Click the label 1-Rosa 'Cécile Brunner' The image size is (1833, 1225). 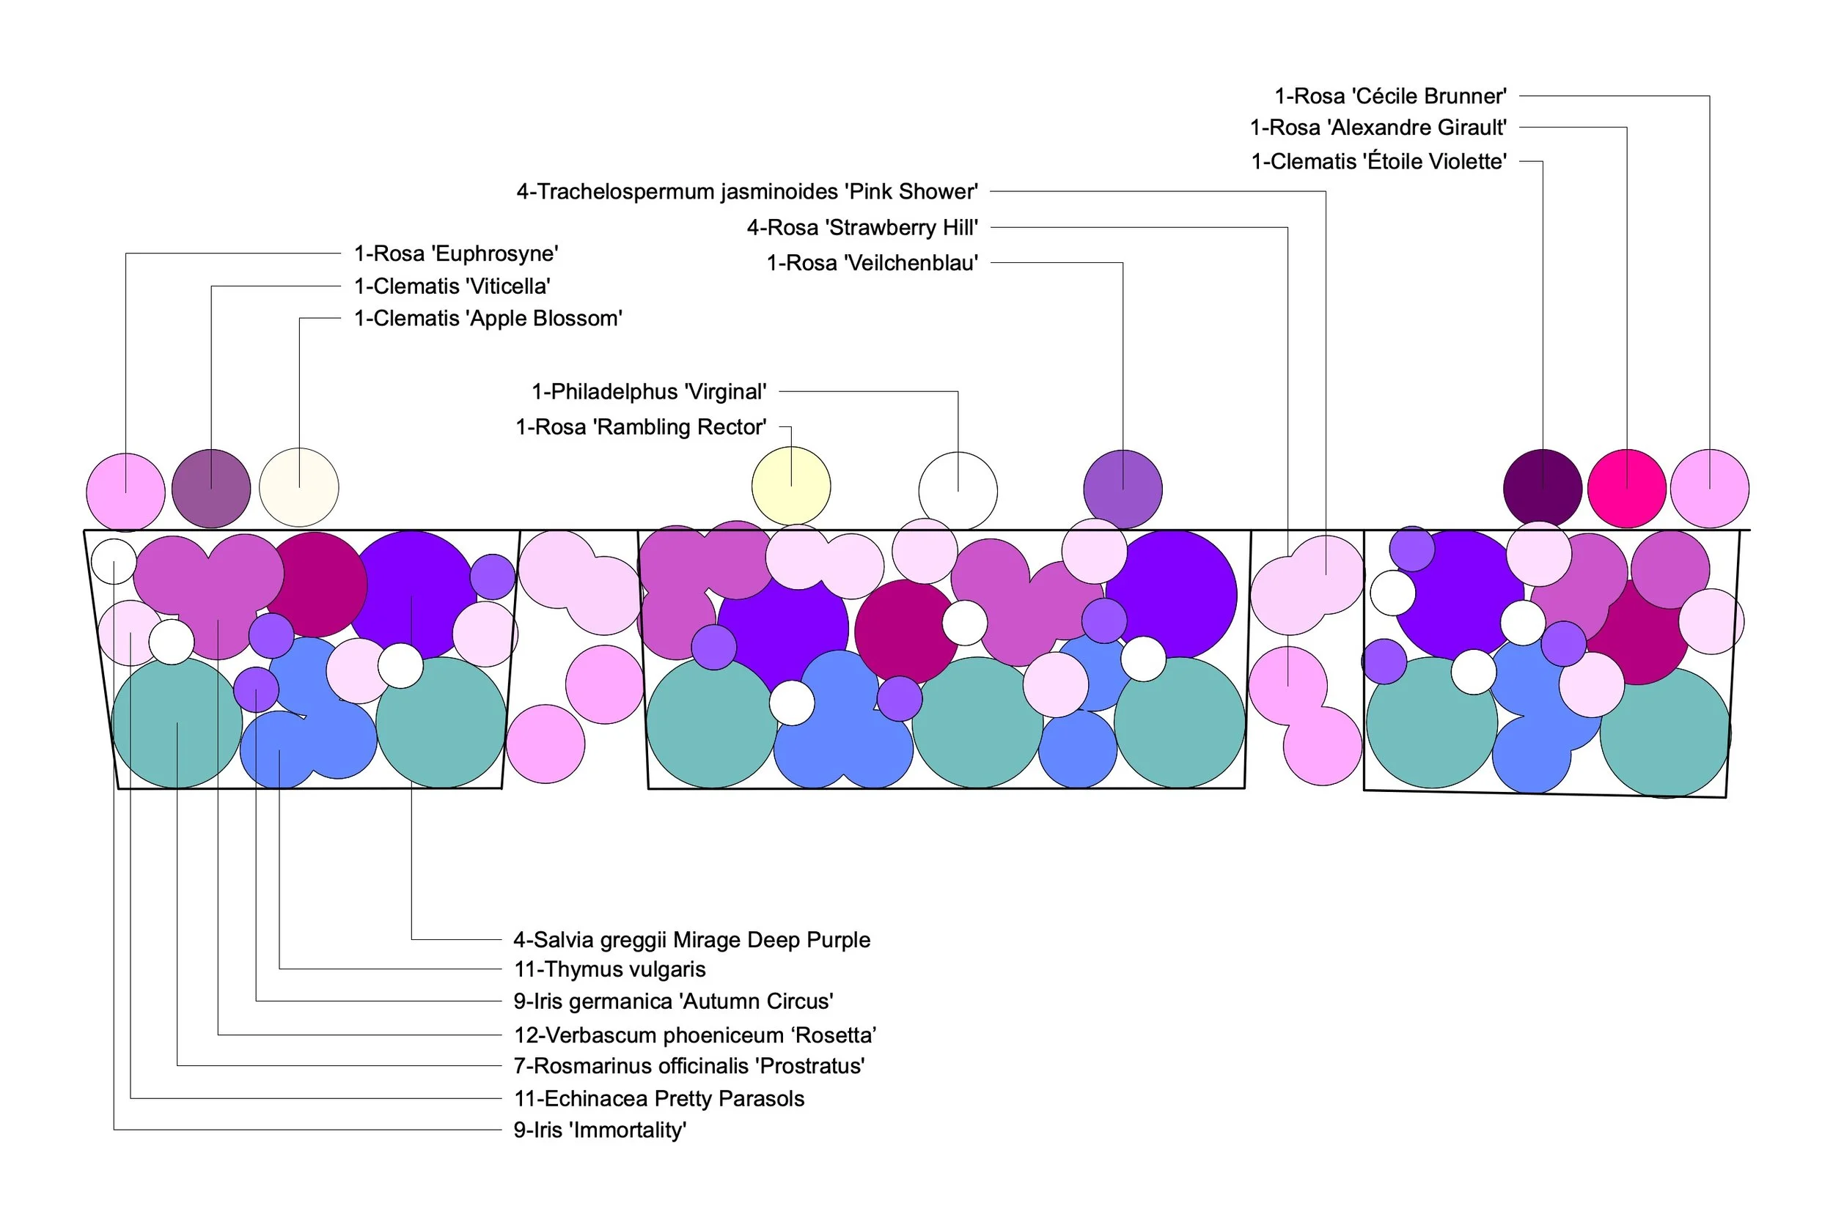click(1390, 96)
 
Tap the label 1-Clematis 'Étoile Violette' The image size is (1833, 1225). click(1378, 162)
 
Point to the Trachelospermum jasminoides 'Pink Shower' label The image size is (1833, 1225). click(746, 191)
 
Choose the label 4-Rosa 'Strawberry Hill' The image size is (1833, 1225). click(862, 227)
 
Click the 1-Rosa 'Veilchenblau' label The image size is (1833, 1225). click(872, 262)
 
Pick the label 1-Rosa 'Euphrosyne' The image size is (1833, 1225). click(456, 253)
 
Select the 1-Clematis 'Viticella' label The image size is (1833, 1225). click(452, 286)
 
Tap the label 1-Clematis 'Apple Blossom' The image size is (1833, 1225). click(488, 319)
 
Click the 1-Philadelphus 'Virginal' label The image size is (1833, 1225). click(648, 391)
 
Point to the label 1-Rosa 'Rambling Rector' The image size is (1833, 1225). click(640, 426)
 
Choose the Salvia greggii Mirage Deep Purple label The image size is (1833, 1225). click(691, 939)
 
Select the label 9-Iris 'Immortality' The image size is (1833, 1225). click(600, 1130)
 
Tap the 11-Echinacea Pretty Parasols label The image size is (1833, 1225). click(658, 1098)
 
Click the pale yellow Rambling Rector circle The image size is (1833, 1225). click(790, 486)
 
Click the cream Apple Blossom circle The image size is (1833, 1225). click(298, 487)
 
